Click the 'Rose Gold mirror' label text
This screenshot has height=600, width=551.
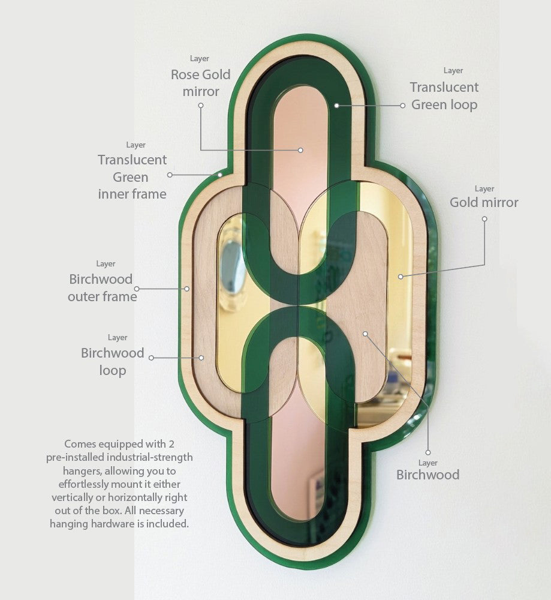[x=200, y=83]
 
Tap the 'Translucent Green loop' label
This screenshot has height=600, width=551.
[x=444, y=95]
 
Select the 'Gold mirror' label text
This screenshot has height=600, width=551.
[x=484, y=202]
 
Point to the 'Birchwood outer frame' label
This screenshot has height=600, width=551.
[x=102, y=288]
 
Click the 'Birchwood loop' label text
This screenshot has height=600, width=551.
[x=112, y=362]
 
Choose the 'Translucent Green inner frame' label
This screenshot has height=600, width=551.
[x=133, y=177]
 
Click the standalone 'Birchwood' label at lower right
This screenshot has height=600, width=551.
[x=428, y=475]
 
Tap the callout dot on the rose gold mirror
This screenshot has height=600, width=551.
[x=300, y=150]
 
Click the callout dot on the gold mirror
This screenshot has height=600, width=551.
[x=401, y=276]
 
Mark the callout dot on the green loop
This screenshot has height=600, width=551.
[x=336, y=105]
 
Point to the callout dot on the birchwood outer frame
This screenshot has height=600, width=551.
[x=187, y=289]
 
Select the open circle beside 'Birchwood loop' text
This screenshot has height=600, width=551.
[x=151, y=358]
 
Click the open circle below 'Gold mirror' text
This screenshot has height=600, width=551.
[x=484, y=219]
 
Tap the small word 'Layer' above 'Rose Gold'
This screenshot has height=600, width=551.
[x=199, y=59]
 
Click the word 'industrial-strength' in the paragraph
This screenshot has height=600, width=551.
[x=149, y=457]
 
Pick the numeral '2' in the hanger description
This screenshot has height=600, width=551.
[x=171, y=444]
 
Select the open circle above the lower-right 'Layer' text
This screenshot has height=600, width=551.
[x=428, y=452]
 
